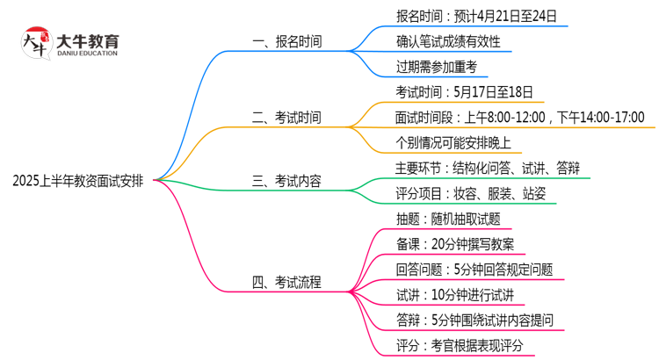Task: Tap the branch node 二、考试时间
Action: pos(286,117)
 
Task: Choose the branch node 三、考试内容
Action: pos(286,182)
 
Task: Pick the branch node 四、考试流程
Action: pos(286,282)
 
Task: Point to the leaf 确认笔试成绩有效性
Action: pos(448,40)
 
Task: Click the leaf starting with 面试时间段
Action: pos(520,117)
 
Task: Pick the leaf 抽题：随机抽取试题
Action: pos(449,219)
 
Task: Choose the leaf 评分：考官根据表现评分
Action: pos(460,346)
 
